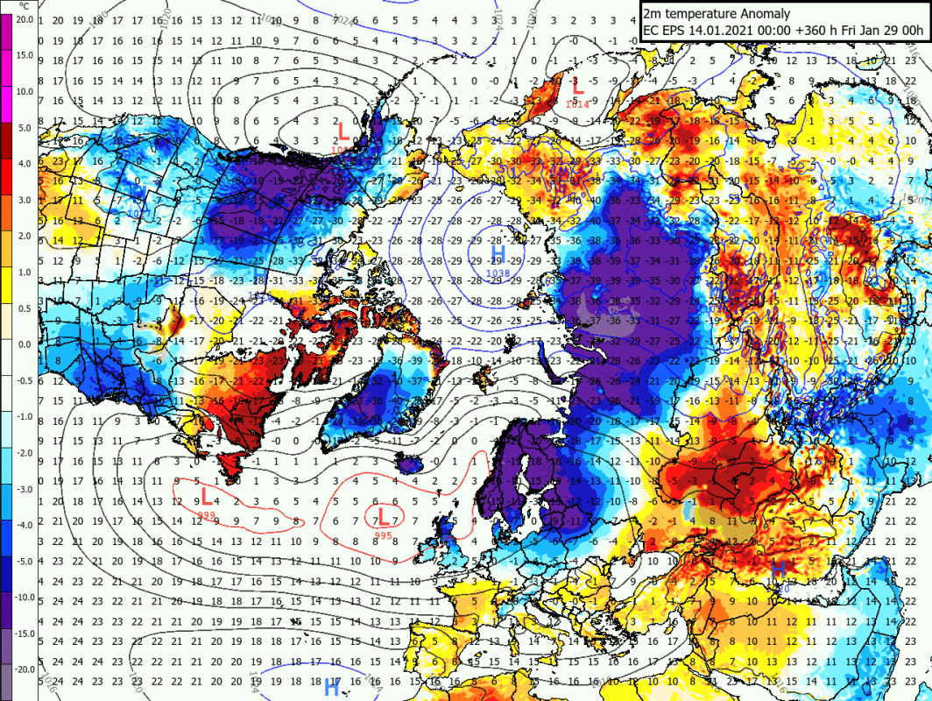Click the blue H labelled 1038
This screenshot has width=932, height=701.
pyautogui.click(x=498, y=255)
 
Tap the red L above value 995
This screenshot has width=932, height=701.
pyautogui.click(x=384, y=515)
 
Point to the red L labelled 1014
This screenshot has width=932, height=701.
pyautogui.click(x=577, y=88)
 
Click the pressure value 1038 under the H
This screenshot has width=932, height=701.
pyautogui.click(x=498, y=274)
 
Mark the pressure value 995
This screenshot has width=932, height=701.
pyautogui.click(x=384, y=535)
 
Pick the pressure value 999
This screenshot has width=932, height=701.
pyautogui.click(x=207, y=513)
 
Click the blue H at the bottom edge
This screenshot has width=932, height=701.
pyautogui.click(x=332, y=688)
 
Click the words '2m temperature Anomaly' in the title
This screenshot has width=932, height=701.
pyautogui.click(x=717, y=13)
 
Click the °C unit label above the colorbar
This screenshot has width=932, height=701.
pyautogui.click(x=25, y=5)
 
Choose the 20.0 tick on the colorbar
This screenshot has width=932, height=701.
pyautogui.click(x=24, y=19)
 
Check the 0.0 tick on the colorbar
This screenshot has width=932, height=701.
pyautogui.click(x=24, y=344)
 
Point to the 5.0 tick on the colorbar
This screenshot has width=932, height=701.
pyautogui.click(x=24, y=128)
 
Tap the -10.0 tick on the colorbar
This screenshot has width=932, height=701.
pyautogui.click(x=24, y=598)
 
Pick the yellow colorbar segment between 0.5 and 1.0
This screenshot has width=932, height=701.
pyautogui.click(x=7, y=290)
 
